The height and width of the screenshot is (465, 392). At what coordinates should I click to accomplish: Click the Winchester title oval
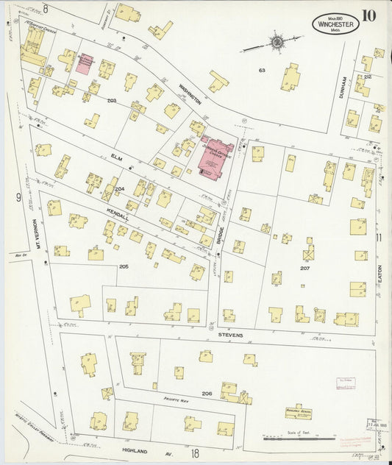pos(335,24)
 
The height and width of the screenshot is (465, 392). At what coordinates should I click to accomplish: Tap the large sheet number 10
pos(369,15)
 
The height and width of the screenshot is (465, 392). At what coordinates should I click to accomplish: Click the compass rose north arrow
pos(276,42)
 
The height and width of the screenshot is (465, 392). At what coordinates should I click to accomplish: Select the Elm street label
pos(115,157)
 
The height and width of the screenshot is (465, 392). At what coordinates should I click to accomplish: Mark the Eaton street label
pos(379,276)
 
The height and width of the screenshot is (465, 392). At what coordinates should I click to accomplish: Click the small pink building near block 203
pos(86,62)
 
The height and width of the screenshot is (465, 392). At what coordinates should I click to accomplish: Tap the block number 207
pos(304,270)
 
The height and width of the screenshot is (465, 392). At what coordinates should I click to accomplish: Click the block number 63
pos(261,71)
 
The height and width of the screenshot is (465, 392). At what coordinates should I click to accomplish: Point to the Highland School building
pos(299,413)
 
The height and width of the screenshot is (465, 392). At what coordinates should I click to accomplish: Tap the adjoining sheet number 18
pos(194,455)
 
